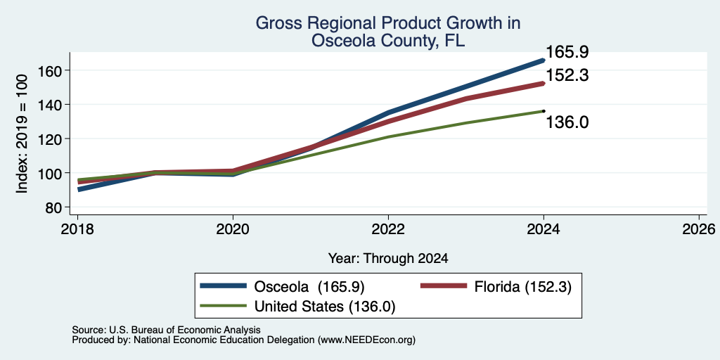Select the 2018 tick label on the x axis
click(x=77, y=229)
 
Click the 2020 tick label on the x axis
click(x=233, y=229)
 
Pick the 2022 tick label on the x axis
click(x=388, y=229)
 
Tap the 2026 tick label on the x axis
click(x=699, y=229)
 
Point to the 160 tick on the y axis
click(x=51, y=70)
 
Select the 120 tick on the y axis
click(x=51, y=139)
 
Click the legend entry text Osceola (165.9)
click(x=309, y=287)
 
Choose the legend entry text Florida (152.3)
click(x=523, y=287)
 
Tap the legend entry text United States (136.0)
click(x=325, y=307)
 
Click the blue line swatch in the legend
click(x=224, y=286)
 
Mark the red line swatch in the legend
click(x=444, y=286)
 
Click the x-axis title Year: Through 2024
click(x=388, y=259)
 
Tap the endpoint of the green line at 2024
click(x=544, y=110)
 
